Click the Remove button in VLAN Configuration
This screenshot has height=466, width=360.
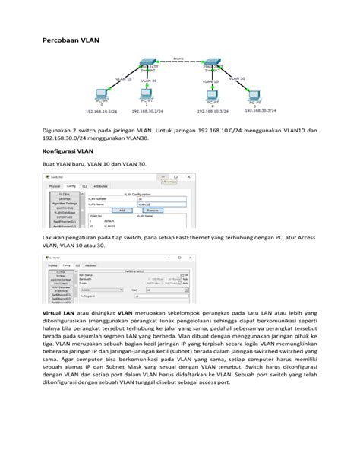point(152,210)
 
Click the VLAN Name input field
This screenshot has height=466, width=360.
point(162,204)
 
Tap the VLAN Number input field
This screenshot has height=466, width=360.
point(162,199)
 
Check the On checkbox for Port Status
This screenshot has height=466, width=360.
point(182,274)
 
